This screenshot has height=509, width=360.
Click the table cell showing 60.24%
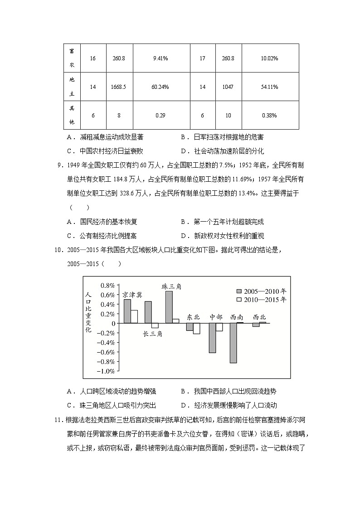161,87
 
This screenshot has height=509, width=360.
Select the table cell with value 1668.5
119,87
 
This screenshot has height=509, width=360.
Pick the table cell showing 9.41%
161,58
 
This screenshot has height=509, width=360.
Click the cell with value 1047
228,87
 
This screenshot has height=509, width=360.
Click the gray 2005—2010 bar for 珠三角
169,307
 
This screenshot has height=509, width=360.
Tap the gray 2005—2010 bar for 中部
212,338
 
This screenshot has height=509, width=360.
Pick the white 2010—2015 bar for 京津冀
134,316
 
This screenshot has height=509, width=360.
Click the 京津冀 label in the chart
132,294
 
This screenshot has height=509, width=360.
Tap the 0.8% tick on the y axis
107,285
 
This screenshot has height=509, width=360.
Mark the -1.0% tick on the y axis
107,371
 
